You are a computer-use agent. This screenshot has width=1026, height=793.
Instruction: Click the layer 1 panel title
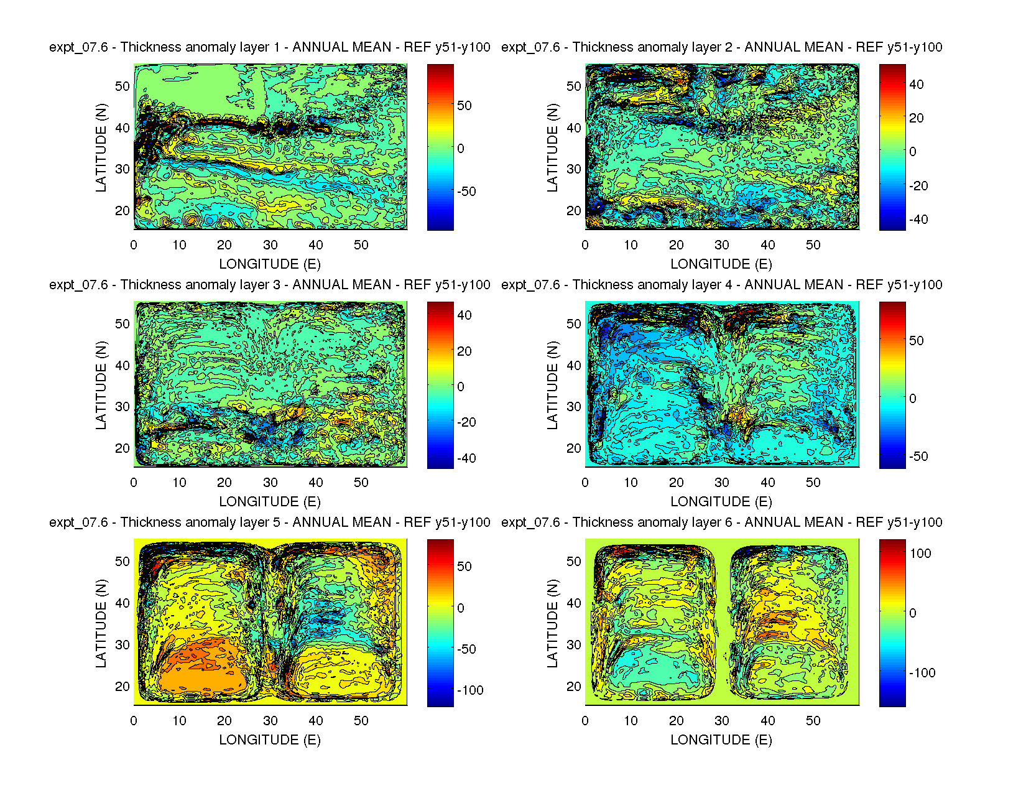270,47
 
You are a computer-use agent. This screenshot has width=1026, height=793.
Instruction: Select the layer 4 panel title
721,285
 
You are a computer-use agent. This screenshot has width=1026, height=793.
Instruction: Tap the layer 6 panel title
721,522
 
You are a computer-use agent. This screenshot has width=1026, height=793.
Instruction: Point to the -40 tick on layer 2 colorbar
918,220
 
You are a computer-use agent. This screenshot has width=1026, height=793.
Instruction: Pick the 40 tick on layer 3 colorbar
464,315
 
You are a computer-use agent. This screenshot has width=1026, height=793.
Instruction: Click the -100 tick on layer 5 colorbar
469,690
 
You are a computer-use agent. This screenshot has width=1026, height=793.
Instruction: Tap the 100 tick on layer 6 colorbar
920,554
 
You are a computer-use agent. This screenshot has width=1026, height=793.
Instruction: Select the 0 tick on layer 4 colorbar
913,399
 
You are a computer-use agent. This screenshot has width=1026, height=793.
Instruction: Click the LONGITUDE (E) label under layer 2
721,264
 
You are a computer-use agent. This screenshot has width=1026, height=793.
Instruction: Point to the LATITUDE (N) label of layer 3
101,385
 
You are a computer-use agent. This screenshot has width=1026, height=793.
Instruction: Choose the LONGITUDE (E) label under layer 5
270,740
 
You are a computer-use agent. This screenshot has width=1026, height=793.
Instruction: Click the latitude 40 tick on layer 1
122,128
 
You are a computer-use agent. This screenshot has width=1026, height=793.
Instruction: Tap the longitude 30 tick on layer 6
722,721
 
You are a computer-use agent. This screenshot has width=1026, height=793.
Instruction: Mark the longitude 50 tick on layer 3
361,483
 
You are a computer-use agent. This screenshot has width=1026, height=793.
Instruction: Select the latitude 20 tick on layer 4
574,448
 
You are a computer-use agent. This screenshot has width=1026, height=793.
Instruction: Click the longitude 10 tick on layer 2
631,245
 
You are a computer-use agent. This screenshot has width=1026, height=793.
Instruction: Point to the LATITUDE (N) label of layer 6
553,623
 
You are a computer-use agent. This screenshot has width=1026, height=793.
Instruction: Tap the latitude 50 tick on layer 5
122,562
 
